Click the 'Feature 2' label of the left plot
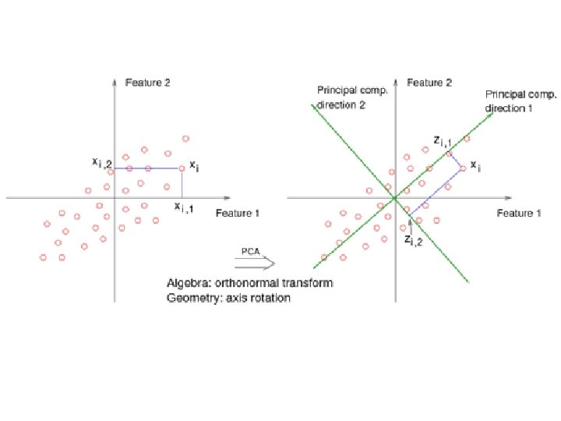(x=147, y=82)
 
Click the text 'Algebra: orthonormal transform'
(x=249, y=283)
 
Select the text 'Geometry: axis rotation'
(x=228, y=297)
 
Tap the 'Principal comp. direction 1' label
(x=520, y=101)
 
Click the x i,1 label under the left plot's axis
(x=185, y=207)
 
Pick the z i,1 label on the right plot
(x=443, y=142)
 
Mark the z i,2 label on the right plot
(x=414, y=241)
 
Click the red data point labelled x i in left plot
(x=182, y=168)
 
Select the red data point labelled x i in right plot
(x=463, y=168)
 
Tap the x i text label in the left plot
(x=195, y=166)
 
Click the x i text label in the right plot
(x=475, y=167)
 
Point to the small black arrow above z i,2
(x=411, y=224)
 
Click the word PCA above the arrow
(x=249, y=250)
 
